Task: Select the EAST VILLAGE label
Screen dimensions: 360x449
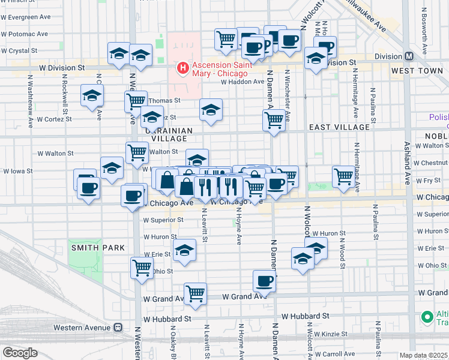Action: [339, 127]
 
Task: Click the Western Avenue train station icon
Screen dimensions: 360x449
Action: [118, 327]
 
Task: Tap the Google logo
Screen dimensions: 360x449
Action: [19, 353]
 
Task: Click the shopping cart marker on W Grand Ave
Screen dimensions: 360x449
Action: [195, 294]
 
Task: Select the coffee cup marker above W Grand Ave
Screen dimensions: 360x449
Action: [264, 281]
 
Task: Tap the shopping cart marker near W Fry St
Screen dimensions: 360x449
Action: [343, 176]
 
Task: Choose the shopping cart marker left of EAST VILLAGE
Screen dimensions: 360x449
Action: [274, 120]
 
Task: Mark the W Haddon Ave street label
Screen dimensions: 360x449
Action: [243, 82]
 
